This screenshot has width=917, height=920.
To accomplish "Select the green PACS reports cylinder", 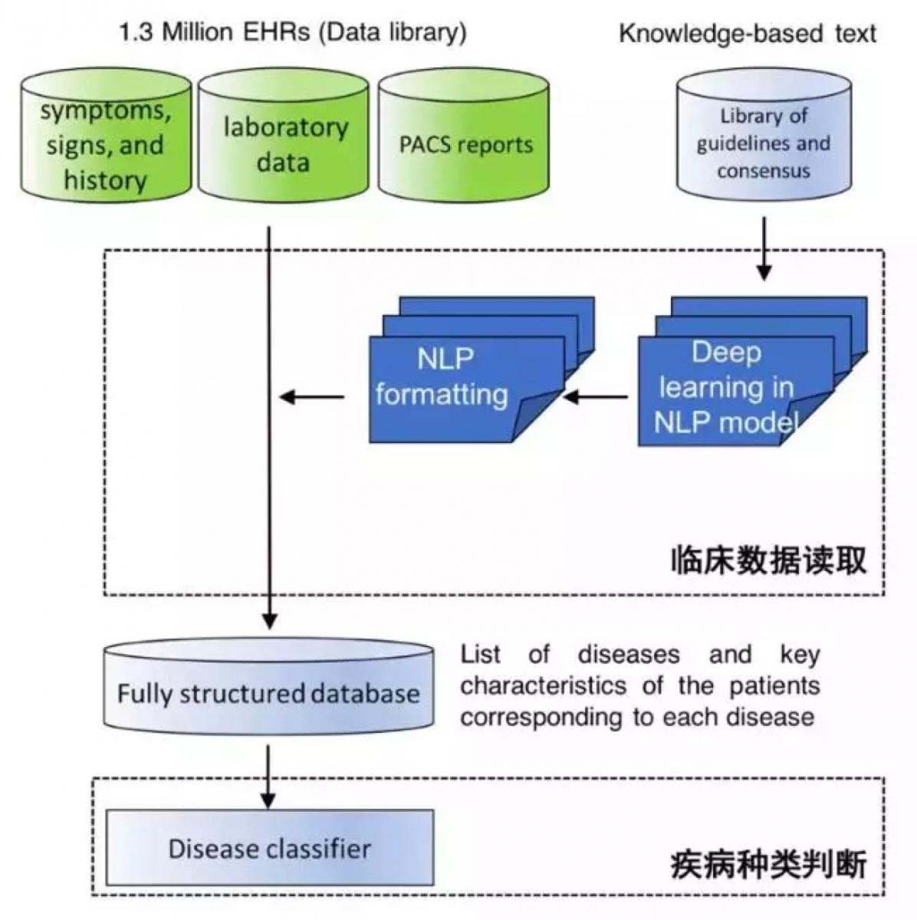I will point(465,143).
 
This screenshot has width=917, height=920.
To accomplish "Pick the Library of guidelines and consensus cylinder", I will point(764,143).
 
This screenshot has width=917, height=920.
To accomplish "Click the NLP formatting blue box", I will point(445,379).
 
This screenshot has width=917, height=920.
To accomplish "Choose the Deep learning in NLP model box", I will point(725,387).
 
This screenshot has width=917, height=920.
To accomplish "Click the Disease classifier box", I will point(269,848).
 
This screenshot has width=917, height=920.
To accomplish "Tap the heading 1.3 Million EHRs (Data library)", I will point(292,32).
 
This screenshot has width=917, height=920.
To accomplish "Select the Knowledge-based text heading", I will point(747,34).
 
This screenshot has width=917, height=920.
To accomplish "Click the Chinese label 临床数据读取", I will point(767,560).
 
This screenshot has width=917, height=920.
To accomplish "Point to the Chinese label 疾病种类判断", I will point(767,864).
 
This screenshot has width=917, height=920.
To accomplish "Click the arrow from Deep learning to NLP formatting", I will point(597,397).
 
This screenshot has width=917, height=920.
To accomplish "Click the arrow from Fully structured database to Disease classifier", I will point(268,776).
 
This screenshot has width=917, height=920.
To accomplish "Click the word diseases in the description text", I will point(628,655).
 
